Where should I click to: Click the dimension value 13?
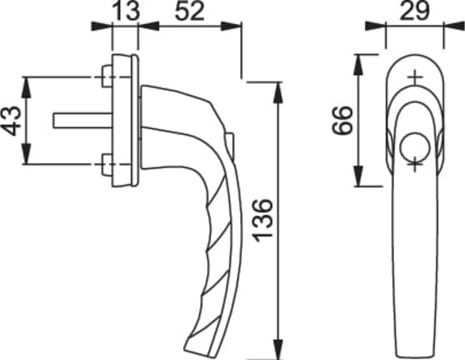coord(126,11)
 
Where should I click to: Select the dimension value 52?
coord(190,11)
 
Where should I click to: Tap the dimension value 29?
coord(414,11)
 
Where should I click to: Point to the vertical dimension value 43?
coord(11,121)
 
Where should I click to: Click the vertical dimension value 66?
coord(343,121)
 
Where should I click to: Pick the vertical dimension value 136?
coord(262,220)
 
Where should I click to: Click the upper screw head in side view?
coord(107,76)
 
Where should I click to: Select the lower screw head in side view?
coord(107,165)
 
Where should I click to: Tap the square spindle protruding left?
coord(83,121)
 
